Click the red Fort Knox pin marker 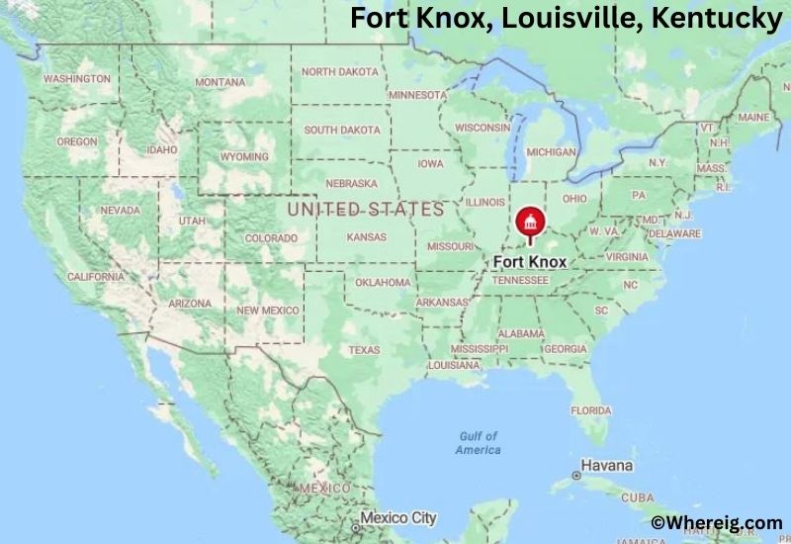[x=530, y=227]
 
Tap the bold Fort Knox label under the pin [x=530, y=262]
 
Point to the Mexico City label [x=397, y=517]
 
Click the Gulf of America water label [x=478, y=443]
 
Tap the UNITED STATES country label [x=366, y=210]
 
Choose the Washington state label [x=77, y=78]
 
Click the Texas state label [x=363, y=350]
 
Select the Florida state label [x=591, y=410]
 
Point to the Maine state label [x=753, y=117]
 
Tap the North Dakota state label [x=340, y=71]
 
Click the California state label [x=96, y=277]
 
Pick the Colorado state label [x=271, y=238]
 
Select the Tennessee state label [x=520, y=280]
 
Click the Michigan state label [x=551, y=152]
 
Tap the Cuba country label [x=637, y=498]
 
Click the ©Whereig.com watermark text [x=717, y=521]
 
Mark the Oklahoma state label [x=383, y=282]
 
